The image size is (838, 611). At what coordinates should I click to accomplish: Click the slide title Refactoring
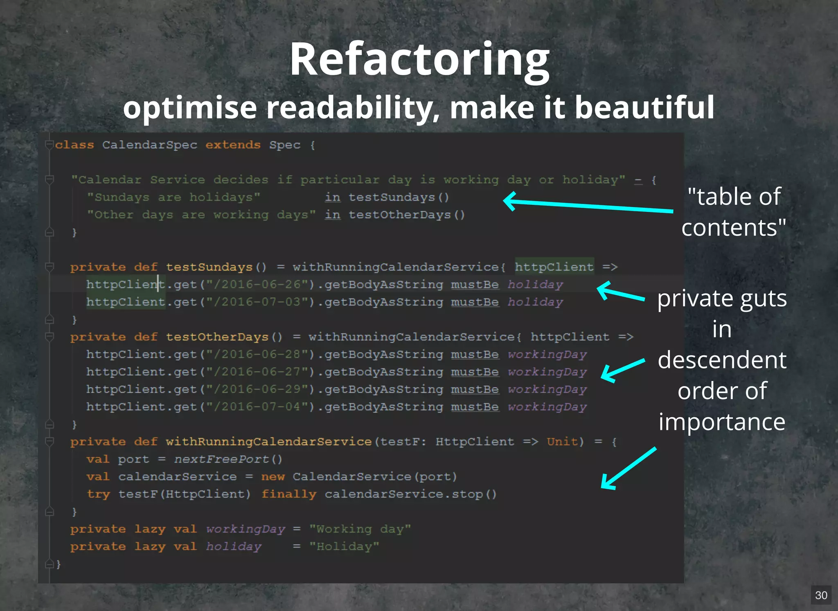point(419,61)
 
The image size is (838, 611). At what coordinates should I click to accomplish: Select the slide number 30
point(821,595)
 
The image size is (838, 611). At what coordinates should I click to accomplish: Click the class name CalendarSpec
point(150,145)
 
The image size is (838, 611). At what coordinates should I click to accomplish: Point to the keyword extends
point(233,145)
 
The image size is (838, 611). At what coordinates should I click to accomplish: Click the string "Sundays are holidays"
point(173,198)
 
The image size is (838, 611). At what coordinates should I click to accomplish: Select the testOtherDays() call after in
point(407,215)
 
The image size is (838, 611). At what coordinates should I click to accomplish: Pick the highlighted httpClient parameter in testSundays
point(554,267)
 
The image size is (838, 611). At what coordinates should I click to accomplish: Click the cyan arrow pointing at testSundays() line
point(588,205)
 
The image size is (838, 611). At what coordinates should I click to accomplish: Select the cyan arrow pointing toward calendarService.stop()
point(628,469)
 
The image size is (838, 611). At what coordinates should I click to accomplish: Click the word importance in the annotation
point(722,422)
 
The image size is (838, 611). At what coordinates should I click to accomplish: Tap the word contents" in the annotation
point(733,228)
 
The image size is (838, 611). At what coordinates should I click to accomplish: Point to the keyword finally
point(289,494)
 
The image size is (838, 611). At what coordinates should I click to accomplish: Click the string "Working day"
point(360,529)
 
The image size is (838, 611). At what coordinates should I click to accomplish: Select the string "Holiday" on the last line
point(344,547)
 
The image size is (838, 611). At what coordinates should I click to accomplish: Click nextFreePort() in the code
point(228,459)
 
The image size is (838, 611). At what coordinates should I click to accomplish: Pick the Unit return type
point(562,442)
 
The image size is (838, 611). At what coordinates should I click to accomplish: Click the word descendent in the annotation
point(722,360)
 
